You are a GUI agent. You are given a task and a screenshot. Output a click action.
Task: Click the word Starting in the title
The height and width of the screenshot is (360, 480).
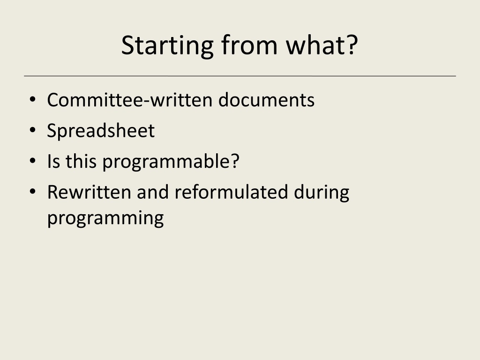point(167,46)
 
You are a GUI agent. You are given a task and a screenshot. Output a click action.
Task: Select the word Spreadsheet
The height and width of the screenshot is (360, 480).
point(101,131)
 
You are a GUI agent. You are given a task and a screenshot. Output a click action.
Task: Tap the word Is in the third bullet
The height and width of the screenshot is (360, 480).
point(53,161)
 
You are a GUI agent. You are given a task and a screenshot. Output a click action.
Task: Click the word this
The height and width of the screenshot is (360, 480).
point(81,161)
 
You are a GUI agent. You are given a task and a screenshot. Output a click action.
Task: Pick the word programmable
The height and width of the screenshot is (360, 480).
point(167,162)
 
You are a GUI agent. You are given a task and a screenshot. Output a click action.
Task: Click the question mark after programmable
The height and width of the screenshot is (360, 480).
point(235,161)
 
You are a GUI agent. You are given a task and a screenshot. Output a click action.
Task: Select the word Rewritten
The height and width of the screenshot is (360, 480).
point(89,192)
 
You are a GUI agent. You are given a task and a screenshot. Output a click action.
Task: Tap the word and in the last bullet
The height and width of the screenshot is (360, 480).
point(152,192)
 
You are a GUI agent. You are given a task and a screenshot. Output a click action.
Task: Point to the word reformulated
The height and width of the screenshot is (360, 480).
point(231,192)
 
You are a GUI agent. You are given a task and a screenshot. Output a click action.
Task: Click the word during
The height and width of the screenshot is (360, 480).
point(322,193)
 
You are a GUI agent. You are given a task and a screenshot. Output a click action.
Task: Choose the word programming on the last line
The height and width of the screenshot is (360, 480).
point(105,218)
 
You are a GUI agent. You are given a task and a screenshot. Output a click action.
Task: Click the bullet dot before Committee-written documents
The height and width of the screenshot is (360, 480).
point(33,99)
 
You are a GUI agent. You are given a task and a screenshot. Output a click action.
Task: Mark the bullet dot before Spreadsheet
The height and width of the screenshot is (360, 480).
point(33,130)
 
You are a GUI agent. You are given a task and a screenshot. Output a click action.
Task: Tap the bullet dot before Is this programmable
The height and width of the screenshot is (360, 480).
point(33,161)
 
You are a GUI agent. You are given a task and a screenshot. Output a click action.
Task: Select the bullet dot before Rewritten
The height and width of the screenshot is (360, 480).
point(33,192)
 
